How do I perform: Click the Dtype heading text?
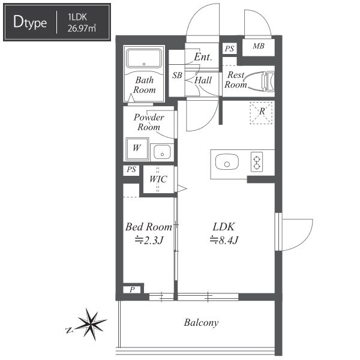[30, 22]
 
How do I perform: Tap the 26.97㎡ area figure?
[82, 28]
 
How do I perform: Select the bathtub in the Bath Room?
[144, 58]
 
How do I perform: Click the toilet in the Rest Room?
[260, 82]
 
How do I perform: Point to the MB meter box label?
[259, 46]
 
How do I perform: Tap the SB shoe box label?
[177, 76]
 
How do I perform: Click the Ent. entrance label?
[203, 57]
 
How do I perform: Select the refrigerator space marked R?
[261, 113]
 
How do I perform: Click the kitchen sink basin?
[227, 162]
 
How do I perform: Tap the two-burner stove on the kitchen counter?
[257, 161]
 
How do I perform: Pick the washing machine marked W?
[137, 149]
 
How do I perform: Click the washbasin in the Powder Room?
[162, 152]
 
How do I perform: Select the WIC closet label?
[158, 179]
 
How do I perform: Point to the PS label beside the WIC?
[131, 170]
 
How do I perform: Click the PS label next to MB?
[229, 49]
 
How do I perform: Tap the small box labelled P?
[132, 290]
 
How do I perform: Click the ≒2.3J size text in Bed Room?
[149, 241]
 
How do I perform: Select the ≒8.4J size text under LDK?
[224, 240]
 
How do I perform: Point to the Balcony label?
[201, 323]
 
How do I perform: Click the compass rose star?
[90, 324]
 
